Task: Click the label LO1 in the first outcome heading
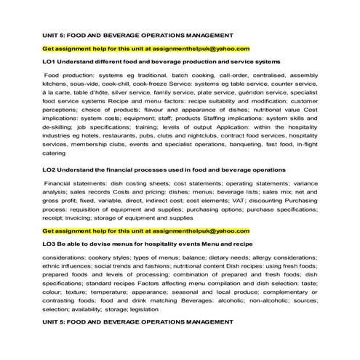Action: tap(51, 62)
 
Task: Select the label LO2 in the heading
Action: tap(51, 169)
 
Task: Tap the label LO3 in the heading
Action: tap(51, 244)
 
